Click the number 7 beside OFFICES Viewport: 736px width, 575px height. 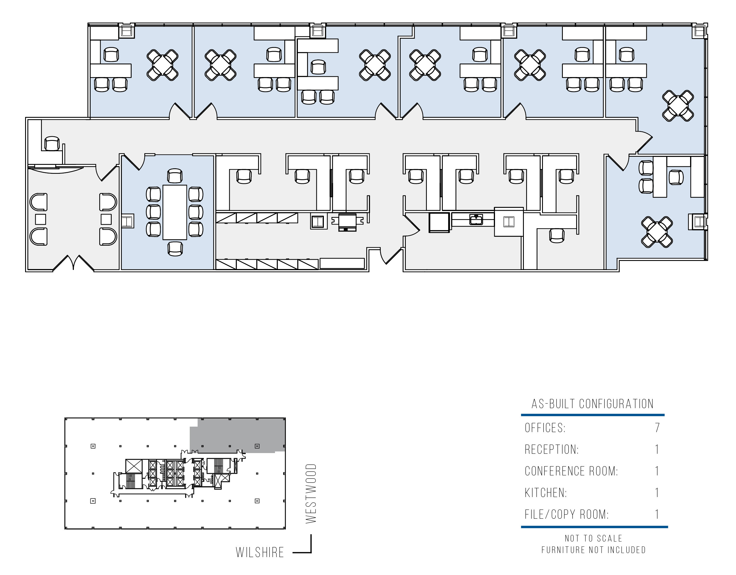tap(657, 428)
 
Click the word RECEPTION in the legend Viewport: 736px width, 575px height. tap(552, 449)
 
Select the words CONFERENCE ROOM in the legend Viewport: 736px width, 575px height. tap(571, 471)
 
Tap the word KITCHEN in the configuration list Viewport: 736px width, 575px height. tap(546, 493)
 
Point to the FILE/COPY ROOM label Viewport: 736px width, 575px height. tap(567, 514)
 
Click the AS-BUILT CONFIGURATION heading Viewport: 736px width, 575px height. tap(593, 404)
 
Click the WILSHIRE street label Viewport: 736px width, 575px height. tap(260, 552)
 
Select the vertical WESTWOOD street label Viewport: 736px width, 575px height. tap(311, 494)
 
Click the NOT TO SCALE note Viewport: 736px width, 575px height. tap(593, 538)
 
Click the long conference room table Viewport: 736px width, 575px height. tap(175, 212)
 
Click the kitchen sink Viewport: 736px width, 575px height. tap(476, 219)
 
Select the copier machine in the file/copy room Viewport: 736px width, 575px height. tap(348, 222)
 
